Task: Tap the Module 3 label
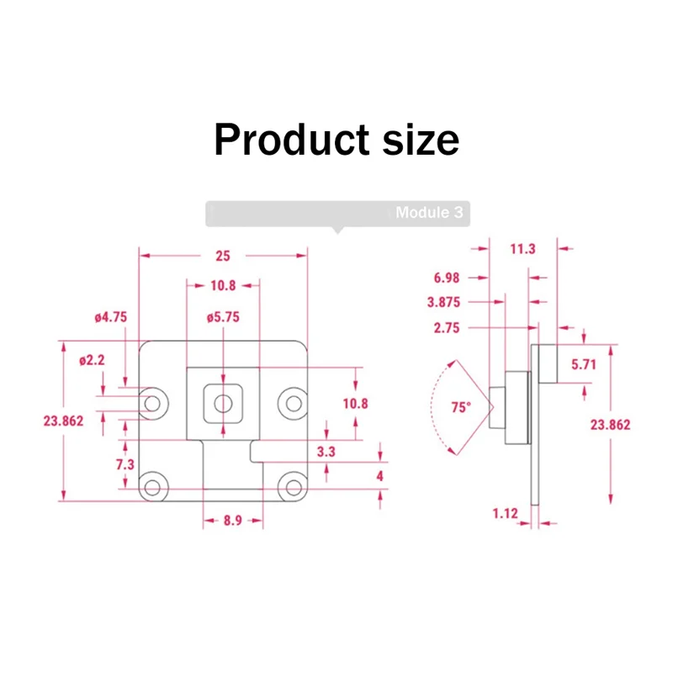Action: [429, 213]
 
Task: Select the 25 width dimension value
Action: [222, 256]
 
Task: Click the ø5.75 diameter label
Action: [223, 317]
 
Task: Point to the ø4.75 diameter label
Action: [110, 317]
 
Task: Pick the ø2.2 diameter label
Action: [92, 360]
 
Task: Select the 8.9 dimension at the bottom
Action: [233, 521]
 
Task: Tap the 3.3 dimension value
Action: [326, 452]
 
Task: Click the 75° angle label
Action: [460, 407]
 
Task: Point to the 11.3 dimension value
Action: [522, 248]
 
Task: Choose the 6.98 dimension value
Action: [447, 277]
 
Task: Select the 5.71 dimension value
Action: [584, 364]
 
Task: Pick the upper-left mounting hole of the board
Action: [152, 403]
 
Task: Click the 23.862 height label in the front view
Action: [63, 421]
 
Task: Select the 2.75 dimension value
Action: [447, 329]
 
